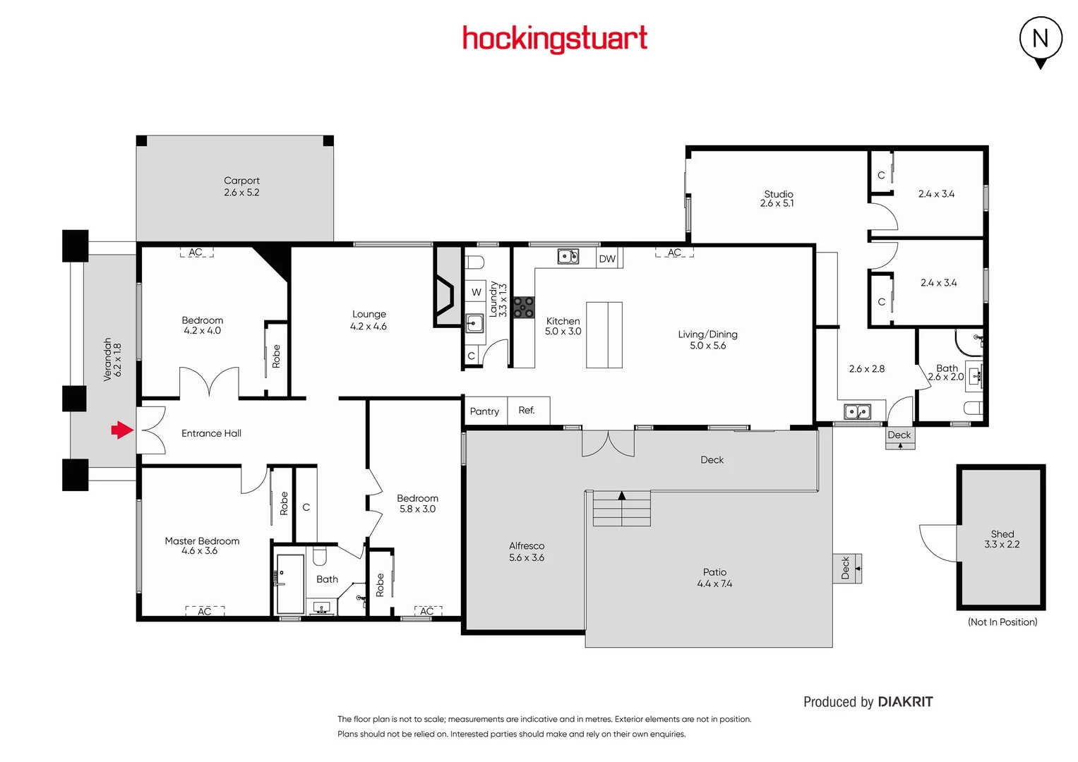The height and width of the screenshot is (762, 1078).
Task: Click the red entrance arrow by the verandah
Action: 122,430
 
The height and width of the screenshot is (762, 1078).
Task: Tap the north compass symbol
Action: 1041,40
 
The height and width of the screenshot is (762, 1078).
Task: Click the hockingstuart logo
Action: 554,39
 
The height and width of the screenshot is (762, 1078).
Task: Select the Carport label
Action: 241,181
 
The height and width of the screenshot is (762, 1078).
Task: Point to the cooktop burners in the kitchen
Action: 524,307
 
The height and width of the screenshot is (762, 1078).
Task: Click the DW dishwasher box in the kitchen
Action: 607,259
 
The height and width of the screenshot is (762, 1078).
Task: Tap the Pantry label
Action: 484,411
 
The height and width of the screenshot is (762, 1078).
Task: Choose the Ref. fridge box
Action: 527,410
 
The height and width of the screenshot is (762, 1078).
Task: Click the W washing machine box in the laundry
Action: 476,292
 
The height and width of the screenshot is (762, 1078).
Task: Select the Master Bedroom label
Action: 202,541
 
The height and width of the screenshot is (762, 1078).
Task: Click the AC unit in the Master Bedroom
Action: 205,611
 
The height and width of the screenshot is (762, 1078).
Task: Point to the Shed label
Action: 1002,534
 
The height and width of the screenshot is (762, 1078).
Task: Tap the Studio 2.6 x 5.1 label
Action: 778,198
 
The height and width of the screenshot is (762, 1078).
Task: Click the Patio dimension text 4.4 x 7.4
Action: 714,583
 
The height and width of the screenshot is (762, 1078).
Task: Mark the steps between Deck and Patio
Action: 621,509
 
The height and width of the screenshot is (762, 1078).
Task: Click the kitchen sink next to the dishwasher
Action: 568,256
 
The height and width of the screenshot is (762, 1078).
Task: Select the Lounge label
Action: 369,314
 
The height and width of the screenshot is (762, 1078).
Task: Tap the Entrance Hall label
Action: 211,433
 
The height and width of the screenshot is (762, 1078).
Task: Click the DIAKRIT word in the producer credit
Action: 905,702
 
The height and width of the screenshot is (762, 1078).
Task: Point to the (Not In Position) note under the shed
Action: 1002,622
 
